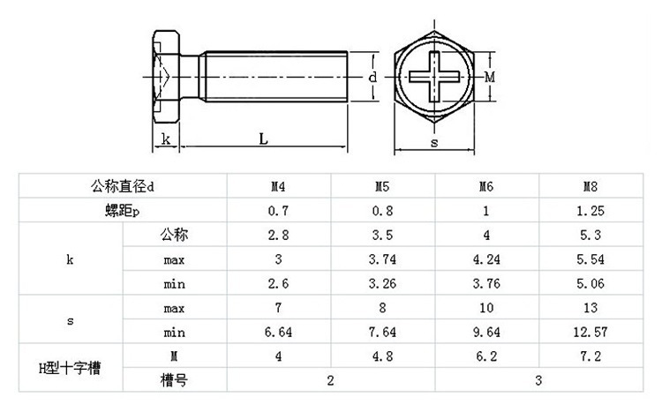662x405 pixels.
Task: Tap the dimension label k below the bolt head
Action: (x=165, y=138)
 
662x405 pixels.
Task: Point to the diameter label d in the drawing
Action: (x=373, y=78)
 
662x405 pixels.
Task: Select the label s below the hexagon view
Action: (x=434, y=141)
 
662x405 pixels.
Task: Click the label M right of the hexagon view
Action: (x=489, y=78)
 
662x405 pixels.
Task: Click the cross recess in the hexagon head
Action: (x=434, y=78)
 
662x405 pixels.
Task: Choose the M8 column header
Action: (x=590, y=187)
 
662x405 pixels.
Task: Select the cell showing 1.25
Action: (x=590, y=212)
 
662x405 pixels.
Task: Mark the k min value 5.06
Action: (x=590, y=284)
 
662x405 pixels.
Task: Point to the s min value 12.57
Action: (x=590, y=333)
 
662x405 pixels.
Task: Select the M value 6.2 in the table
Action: (x=485, y=357)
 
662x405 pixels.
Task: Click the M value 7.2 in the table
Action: (x=590, y=357)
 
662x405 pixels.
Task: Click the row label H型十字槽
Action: (x=70, y=368)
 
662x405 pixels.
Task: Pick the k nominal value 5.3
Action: (x=590, y=236)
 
